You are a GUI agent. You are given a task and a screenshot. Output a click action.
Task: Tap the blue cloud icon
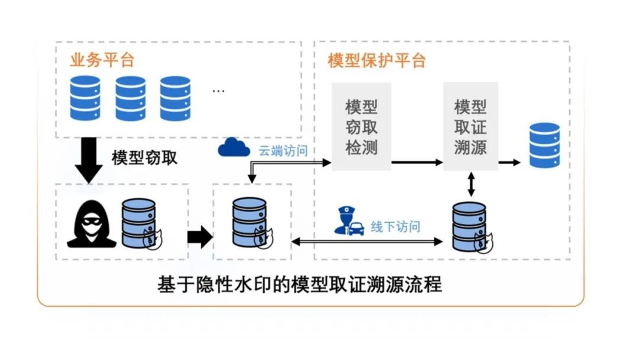coord(234,147)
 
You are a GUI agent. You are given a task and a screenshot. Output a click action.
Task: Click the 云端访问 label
coord(283,151)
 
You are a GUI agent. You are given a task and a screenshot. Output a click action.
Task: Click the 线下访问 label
coord(395,227)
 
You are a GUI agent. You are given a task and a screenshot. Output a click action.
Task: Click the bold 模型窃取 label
coord(144,157)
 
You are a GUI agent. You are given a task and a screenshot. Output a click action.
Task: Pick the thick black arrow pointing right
coord(199,237)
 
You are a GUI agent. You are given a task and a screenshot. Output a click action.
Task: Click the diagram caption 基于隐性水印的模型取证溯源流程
coord(299,285)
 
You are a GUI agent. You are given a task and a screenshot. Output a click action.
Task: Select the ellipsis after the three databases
coord(218,91)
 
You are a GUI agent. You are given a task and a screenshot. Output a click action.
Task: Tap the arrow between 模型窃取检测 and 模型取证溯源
coord(417,162)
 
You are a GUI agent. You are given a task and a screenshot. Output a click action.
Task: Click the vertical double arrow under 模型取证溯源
coord(471,184)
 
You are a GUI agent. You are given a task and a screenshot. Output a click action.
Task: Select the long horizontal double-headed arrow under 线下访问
coord(367,241)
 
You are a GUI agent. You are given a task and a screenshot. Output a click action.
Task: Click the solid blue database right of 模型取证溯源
coord(544,145)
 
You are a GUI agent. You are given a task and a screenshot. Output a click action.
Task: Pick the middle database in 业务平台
coord(130,98)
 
